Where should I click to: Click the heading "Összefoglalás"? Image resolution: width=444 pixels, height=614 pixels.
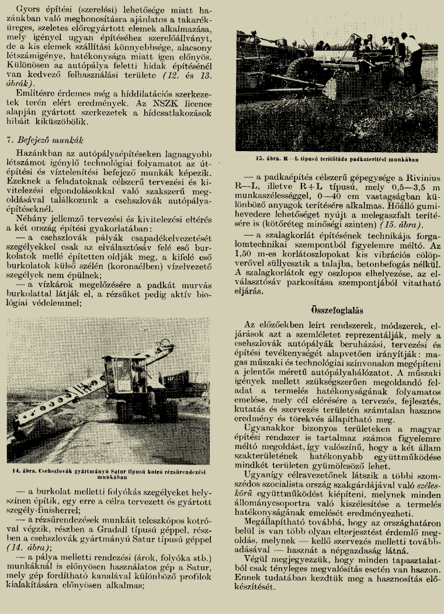point(334,310)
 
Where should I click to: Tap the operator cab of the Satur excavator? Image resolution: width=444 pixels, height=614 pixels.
point(125,376)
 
